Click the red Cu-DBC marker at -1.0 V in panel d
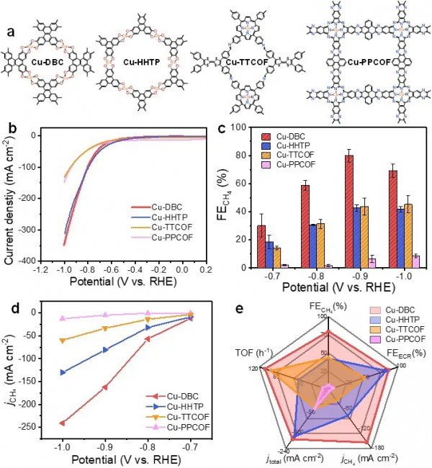tap(63, 423)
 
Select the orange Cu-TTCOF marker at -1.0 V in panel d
tap(63, 340)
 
